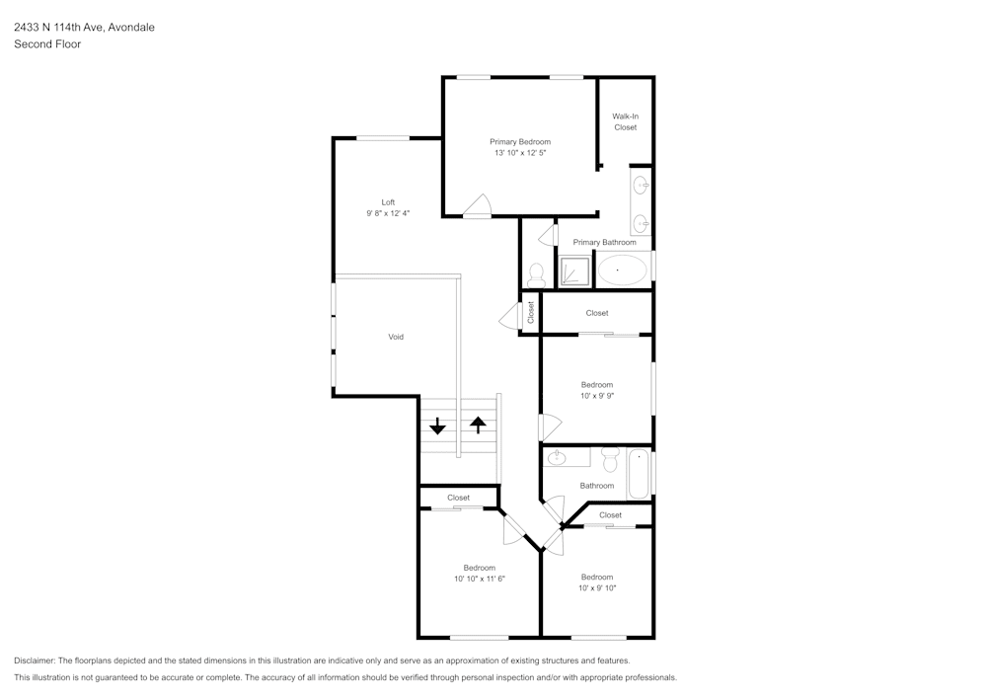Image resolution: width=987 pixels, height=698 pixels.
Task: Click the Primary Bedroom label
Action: pos(520,142)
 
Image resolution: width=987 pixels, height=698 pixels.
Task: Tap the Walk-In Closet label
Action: pos(625,121)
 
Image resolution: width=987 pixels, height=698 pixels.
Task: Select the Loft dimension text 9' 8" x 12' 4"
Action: pos(388,213)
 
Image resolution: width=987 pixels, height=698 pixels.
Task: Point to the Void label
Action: pos(395,337)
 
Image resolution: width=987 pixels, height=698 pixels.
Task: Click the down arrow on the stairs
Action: pos(437,427)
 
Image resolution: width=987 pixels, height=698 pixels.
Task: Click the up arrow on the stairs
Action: pos(479,426)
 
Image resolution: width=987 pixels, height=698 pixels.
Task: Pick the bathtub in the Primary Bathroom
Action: pos(622,270)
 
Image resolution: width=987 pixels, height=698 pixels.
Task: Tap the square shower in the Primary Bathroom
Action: pos(574,270)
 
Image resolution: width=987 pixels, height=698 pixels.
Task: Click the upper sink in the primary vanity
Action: pos(641,184)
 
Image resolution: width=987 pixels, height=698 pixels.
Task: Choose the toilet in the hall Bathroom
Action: pos(609,459)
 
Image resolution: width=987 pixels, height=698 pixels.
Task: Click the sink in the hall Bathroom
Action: pos(557,457)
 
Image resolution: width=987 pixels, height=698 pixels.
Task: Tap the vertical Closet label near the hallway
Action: pos(531,313)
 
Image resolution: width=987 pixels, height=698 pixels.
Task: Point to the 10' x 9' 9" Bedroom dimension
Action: pos(596,396)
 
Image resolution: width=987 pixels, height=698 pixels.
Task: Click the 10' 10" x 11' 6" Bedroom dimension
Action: pos(479,579)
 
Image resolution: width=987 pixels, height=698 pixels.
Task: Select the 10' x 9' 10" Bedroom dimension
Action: pos(596,588)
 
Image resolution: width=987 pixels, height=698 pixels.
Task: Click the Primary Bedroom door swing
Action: pos(477,205)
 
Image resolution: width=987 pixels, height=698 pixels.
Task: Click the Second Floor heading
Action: pos(47,44)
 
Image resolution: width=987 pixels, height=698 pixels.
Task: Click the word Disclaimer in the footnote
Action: pos(35,660)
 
